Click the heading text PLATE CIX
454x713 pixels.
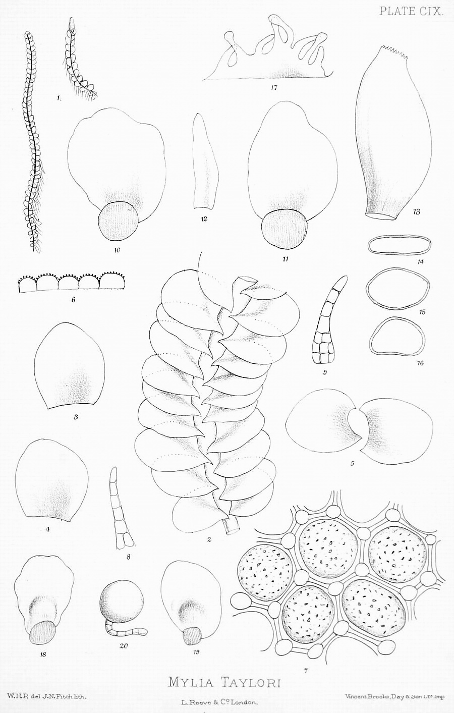411,12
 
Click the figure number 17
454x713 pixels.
273,88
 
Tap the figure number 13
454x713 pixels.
416,211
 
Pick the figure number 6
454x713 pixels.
73,300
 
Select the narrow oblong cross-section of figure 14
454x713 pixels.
400,246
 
